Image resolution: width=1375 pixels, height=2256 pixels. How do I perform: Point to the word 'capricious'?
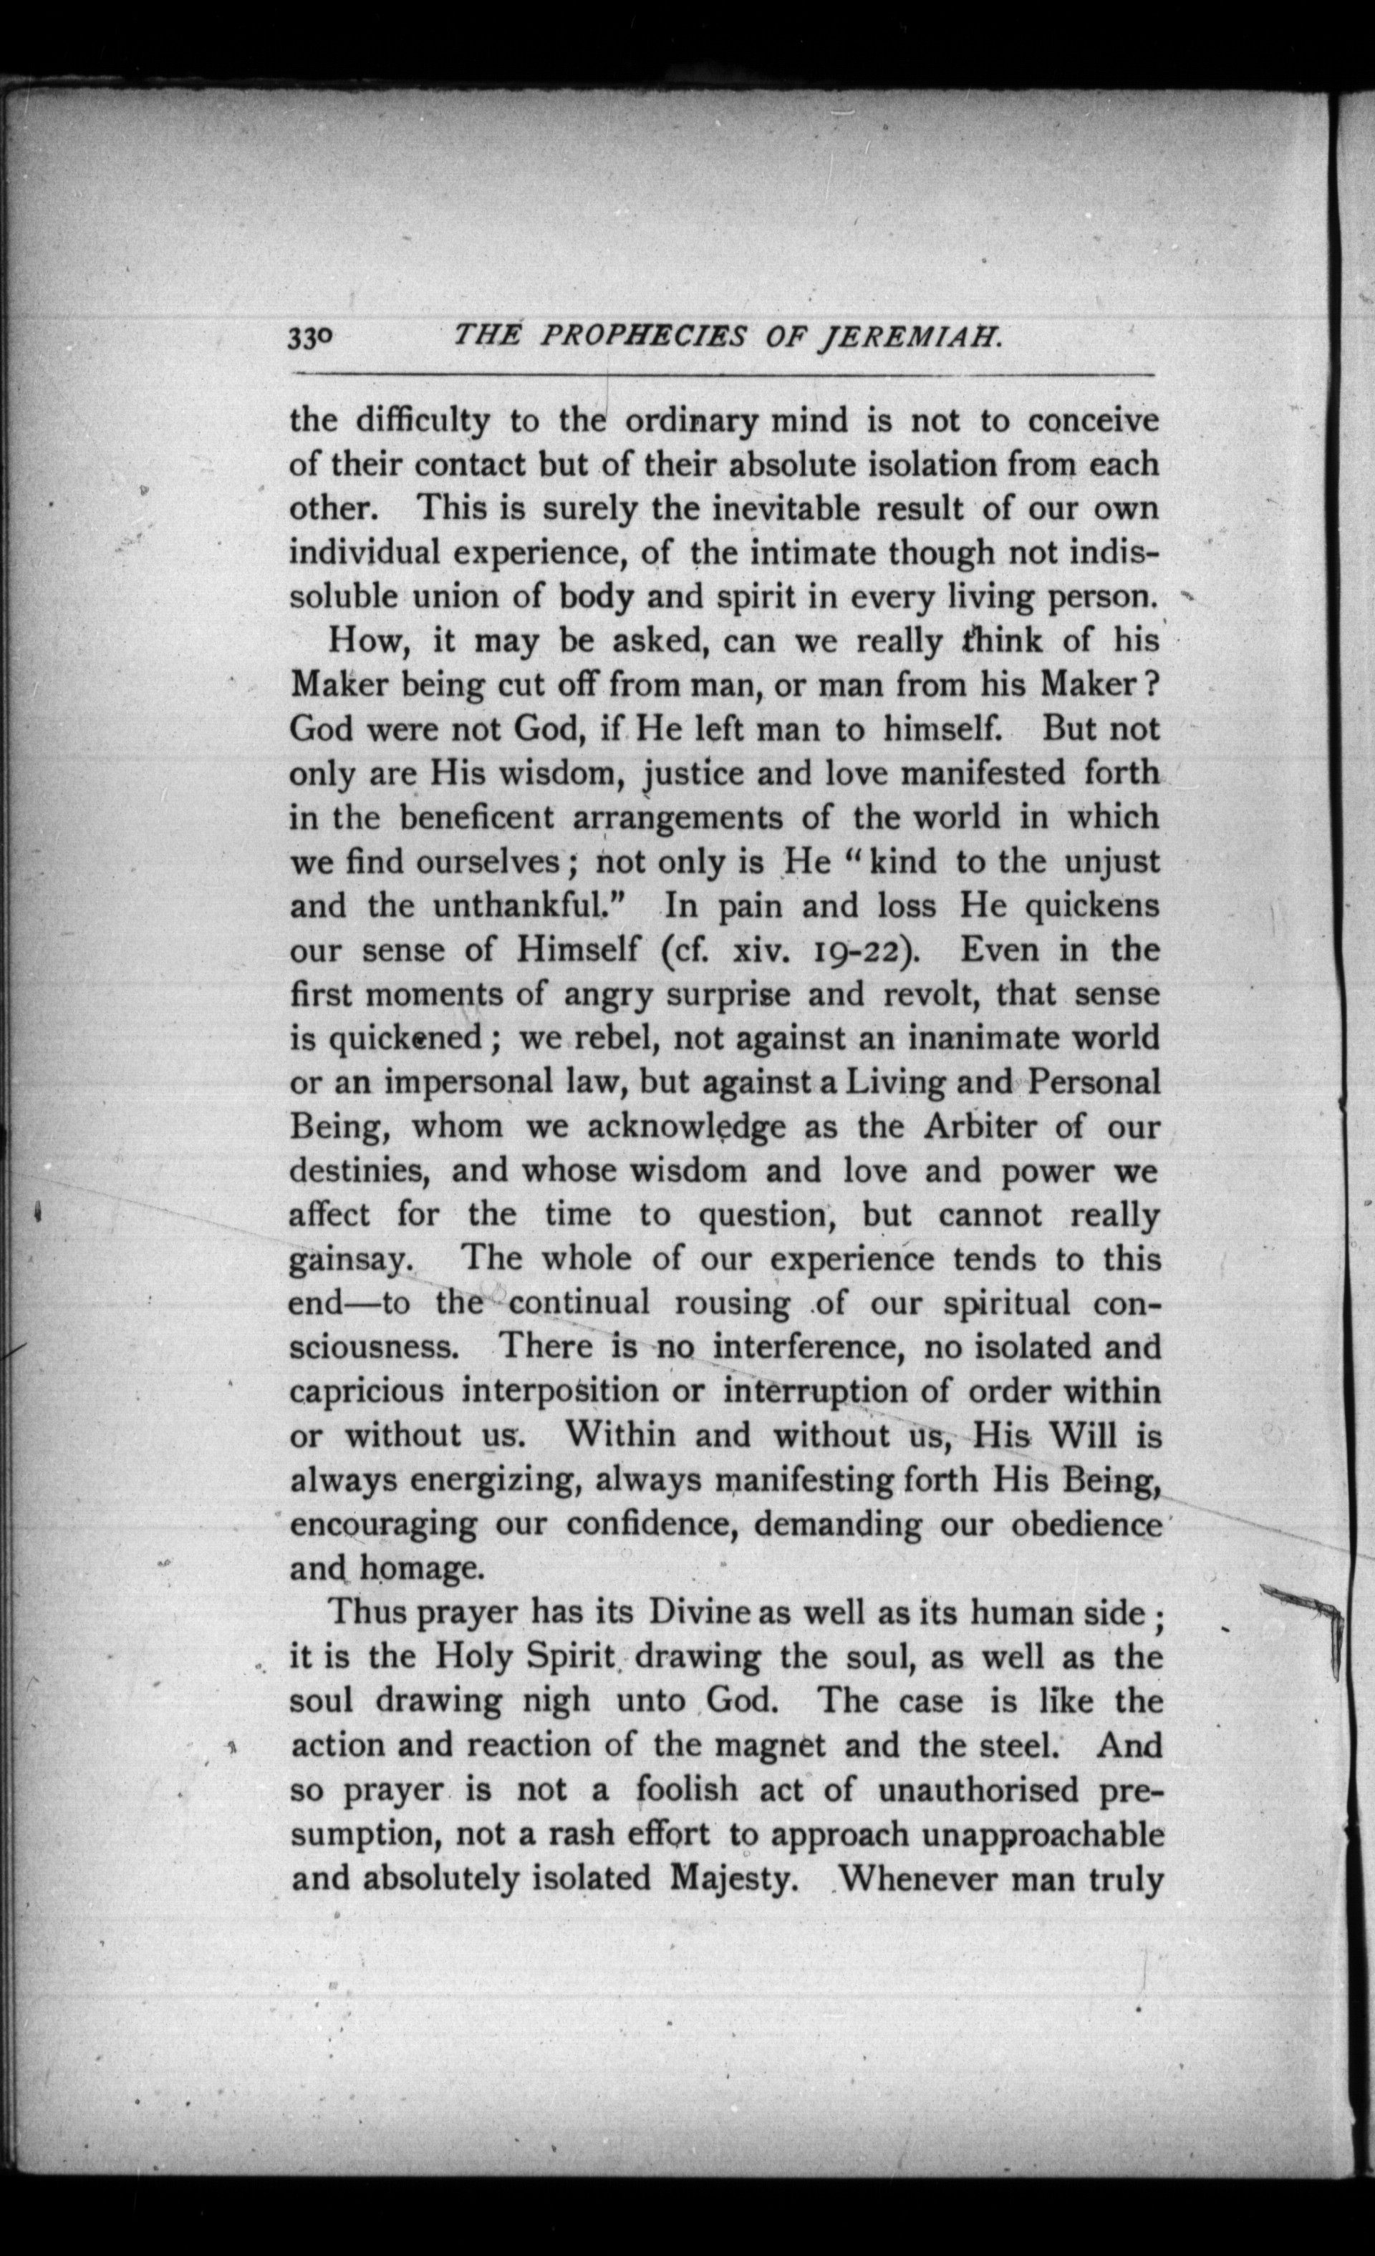point(367,1393)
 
